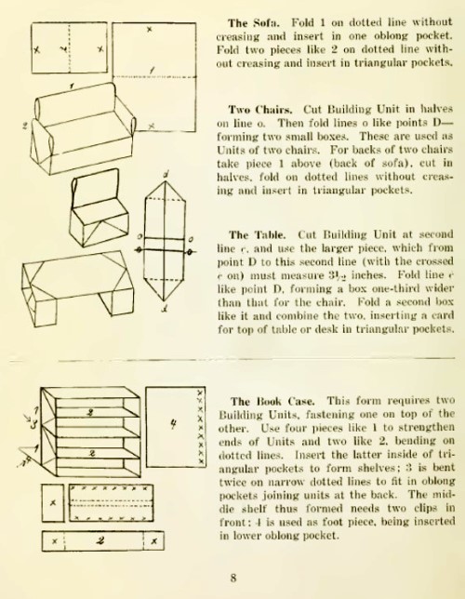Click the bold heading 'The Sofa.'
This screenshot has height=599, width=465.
pyautogui.click(x=253, y=23)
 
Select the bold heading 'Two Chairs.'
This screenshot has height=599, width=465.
pyautogui.click(x=260, y=110)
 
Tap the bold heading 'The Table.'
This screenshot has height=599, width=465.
pyautogui.click(x=257, y=234)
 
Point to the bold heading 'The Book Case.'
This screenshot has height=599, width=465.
pyautogui.click(x=272, y=402)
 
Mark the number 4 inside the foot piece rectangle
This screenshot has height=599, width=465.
pyautogui.click(x=173, y=423)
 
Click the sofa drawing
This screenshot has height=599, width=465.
pyautogui.click(x=79, y=128)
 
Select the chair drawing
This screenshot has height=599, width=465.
pyautogui.click(x=99, y=207)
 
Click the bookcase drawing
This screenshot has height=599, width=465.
pyautogui.click(x=90, y=433)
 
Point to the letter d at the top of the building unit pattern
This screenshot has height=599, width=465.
pyautogui.click(x=166, y=176)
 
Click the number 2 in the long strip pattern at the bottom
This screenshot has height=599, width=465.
pyautogui.click(x=100, y=540)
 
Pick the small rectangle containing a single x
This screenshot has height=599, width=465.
pyautogui.click(x=53, y=502)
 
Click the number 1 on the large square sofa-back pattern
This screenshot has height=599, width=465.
pyautogui.click(x=153, y=71)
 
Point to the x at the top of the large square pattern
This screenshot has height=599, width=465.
pyautogui.click(x=150, y=28)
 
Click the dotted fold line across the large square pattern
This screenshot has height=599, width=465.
pyautogui.click(x=154, y=77)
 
